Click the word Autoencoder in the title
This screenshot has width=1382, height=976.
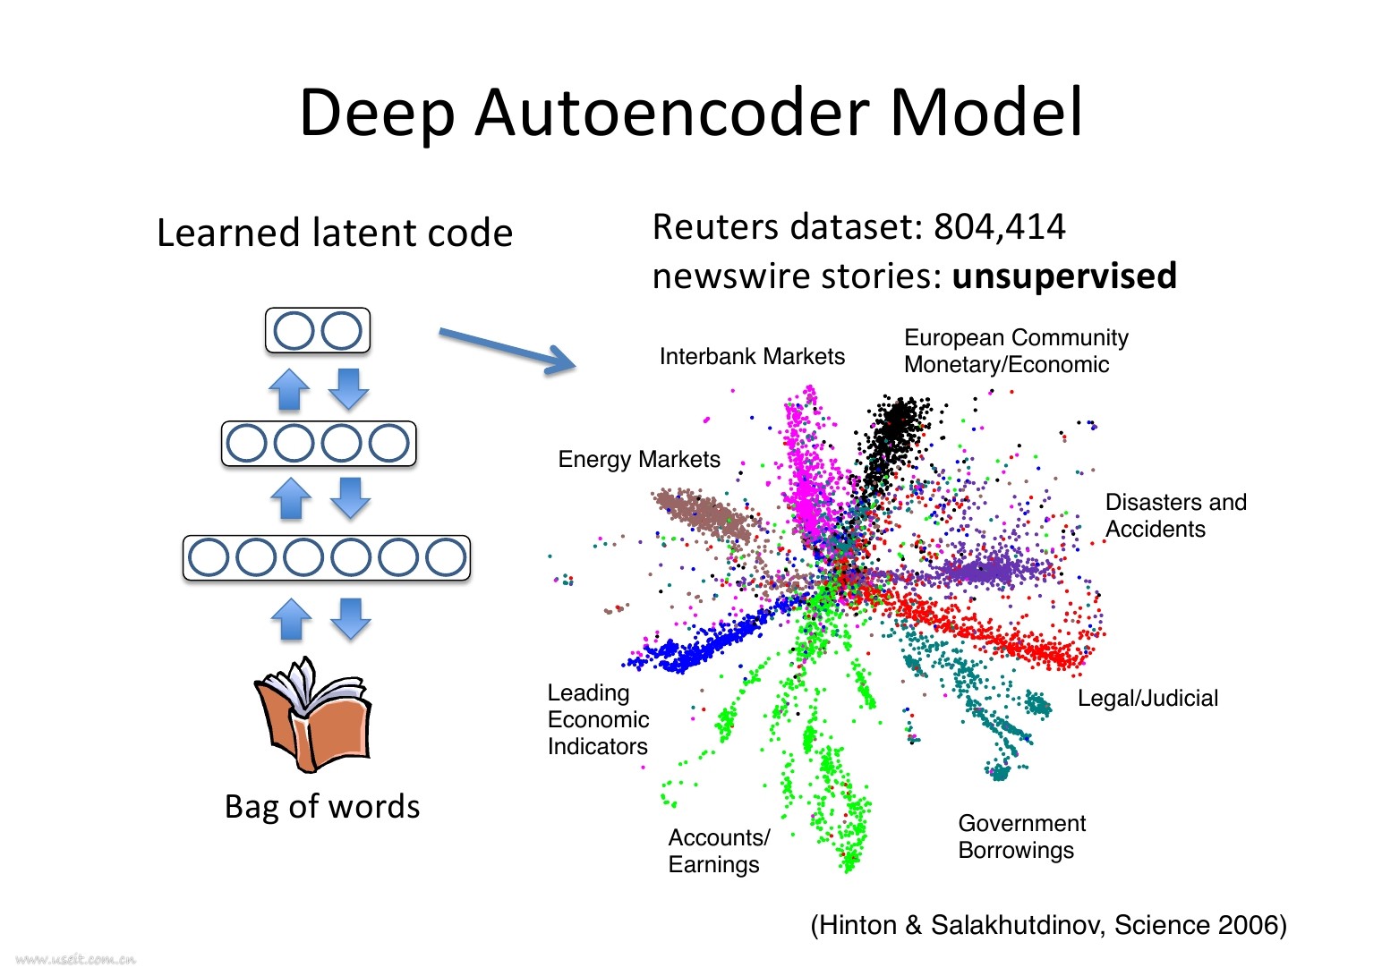[671, 114]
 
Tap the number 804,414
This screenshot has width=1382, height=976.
[999, 227]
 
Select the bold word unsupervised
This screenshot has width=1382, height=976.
[1064, 276]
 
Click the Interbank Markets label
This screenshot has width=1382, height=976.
[752, 357]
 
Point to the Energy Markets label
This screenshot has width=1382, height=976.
[639, 460]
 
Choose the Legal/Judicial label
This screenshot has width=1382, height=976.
[1147, 699]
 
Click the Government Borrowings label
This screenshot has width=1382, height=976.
[1021, 837]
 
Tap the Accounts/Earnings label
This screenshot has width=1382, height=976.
[718, 852]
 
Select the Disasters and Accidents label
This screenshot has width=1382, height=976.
[1175, 516]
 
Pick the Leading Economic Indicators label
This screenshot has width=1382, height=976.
[598, 720]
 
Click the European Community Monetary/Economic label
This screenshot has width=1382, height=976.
[1016, 352]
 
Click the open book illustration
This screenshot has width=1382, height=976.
[312, 715]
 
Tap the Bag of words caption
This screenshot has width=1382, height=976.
[322, 807]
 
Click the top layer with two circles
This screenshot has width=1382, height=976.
[318, 331]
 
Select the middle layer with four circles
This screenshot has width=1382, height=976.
[319, 444]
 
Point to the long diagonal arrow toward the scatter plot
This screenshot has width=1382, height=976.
[508, 348]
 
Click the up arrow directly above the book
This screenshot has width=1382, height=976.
[291, 619]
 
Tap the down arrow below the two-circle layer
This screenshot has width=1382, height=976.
[348, 388]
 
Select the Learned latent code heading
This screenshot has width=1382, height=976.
[335, 233]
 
